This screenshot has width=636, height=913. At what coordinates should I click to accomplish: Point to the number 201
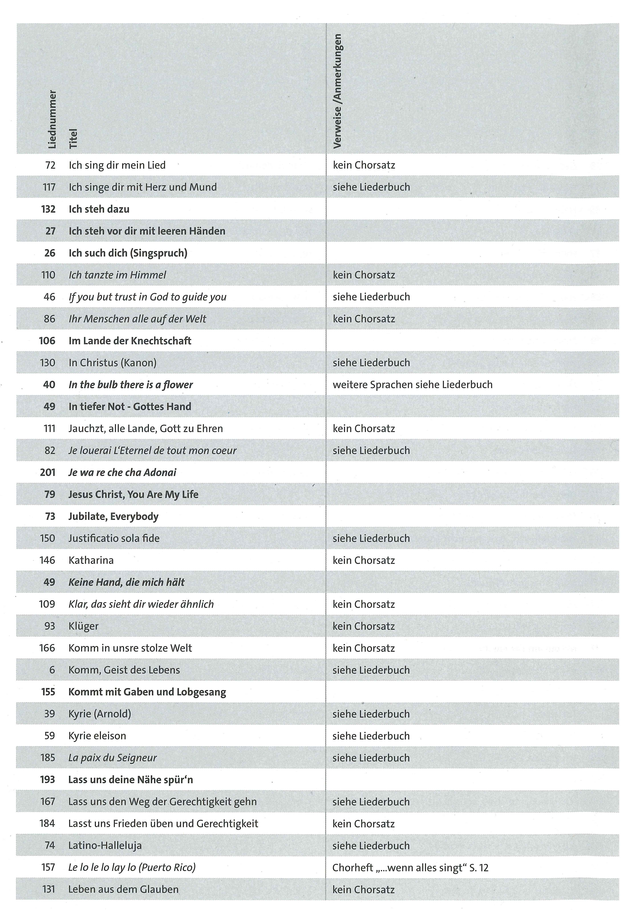tap(48, 472)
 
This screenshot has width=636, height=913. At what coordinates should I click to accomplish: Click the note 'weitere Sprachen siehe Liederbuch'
tap(412, 385)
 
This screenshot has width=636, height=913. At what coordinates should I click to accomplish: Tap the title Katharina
tap(91, 560)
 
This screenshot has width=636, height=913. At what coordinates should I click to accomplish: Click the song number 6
tap(52, 670)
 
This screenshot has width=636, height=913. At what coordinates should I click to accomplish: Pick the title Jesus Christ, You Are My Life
tap(133, 494)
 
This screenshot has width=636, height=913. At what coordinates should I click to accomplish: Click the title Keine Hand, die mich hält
tap(126, 582)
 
